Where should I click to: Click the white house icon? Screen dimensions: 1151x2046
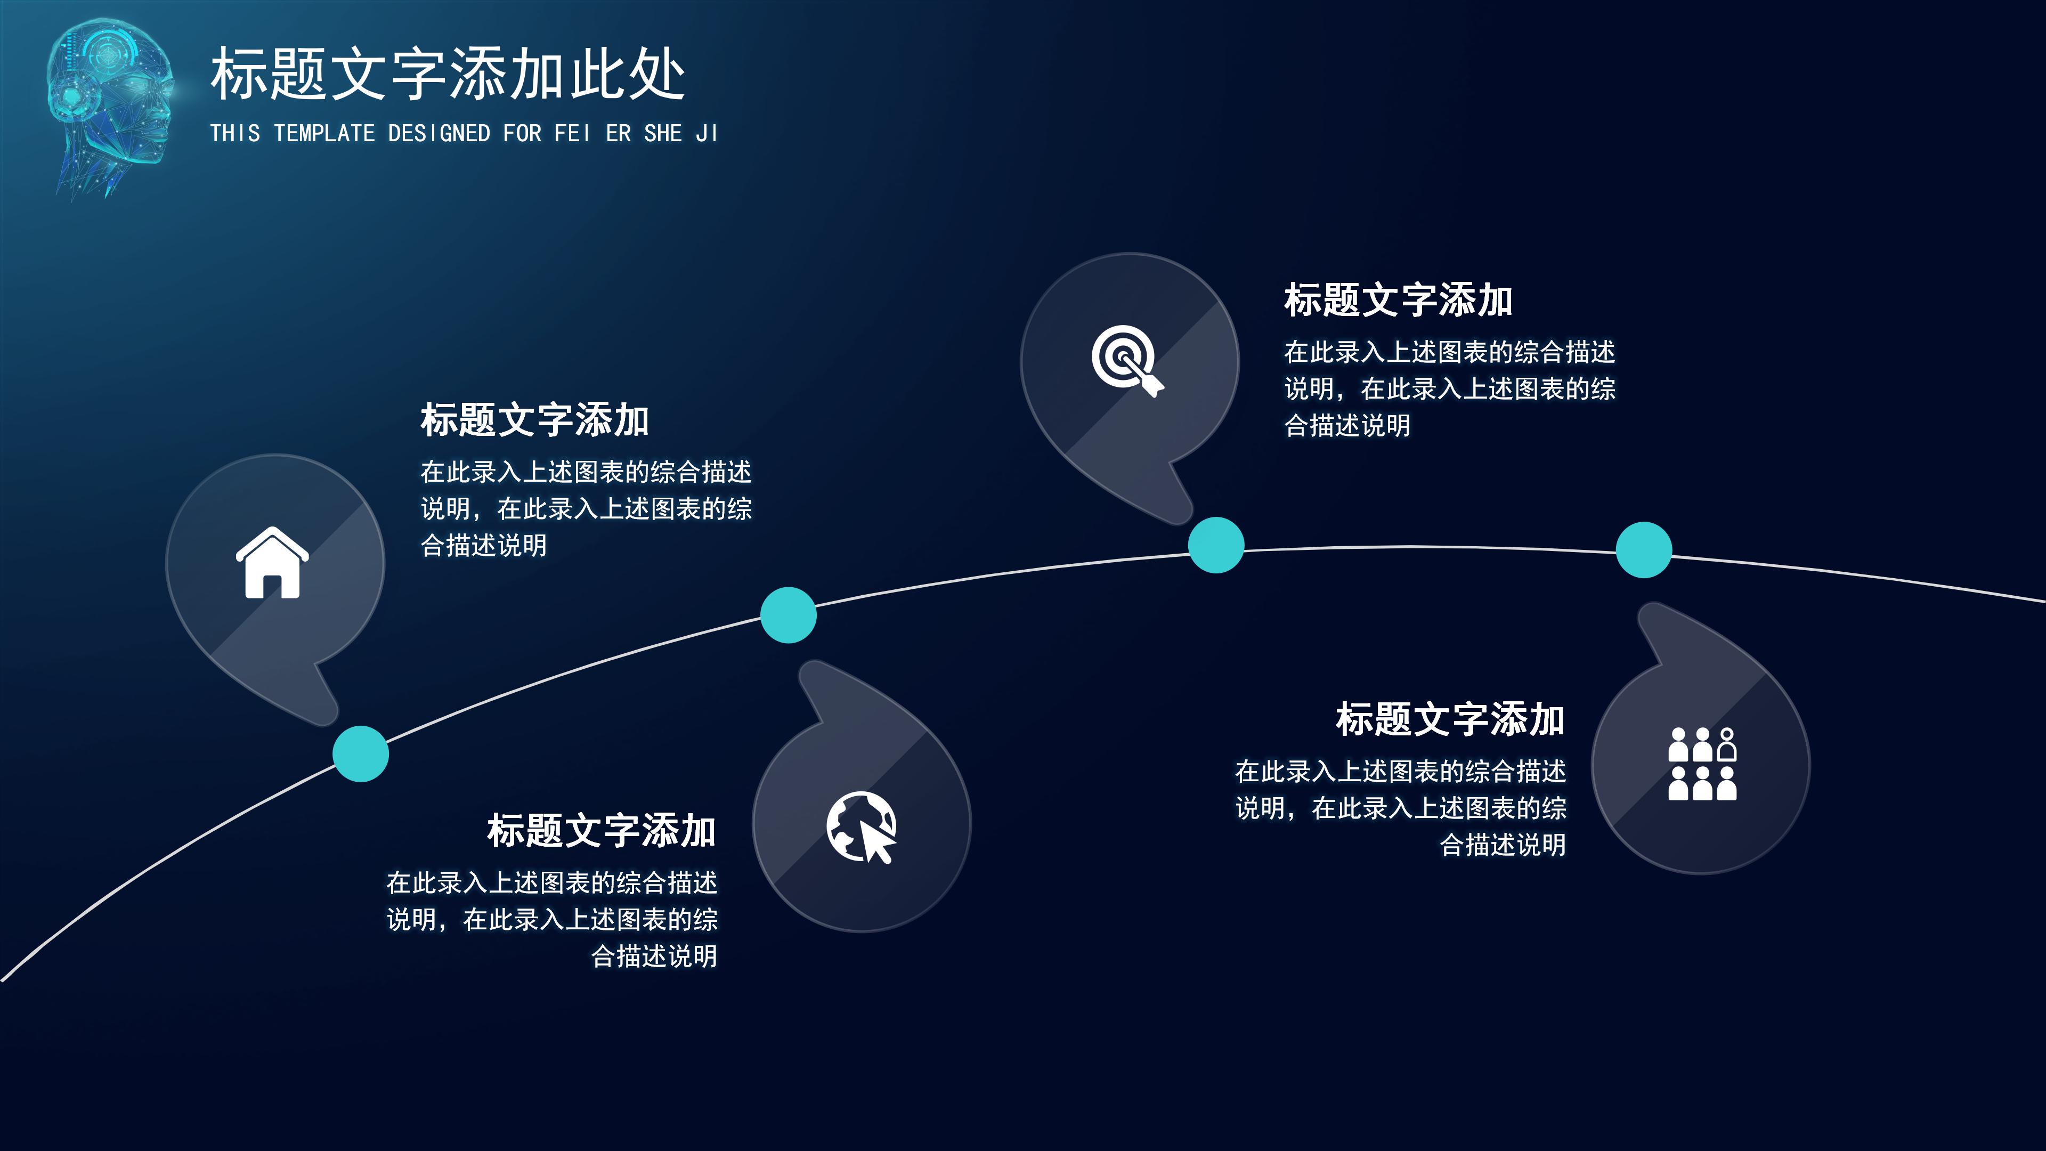(272, 563)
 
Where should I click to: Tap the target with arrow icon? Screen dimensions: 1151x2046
(1126, 360)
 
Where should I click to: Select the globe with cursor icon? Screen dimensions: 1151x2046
(862, 827)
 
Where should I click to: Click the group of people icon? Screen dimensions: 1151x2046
(1702, 764)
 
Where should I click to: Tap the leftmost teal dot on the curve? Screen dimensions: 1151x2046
(361, 754)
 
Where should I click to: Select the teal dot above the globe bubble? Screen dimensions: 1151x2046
(788, 615)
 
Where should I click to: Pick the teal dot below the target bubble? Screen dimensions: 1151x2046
(1215, 545)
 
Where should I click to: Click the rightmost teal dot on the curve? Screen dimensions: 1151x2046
(1643, 550)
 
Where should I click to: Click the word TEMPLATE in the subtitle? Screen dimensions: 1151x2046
(324, 133)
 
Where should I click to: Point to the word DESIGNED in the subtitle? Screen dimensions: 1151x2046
(439, 133)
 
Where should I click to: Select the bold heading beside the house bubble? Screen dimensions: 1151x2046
(534, 420)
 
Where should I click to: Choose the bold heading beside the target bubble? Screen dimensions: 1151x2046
(1398, 300)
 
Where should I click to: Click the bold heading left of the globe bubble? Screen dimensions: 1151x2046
(601, 831)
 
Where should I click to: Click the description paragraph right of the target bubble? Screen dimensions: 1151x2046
(1449, 388)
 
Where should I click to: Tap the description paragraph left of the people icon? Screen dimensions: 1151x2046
(1400, 808)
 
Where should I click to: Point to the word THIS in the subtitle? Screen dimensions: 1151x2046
(235, 133)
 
